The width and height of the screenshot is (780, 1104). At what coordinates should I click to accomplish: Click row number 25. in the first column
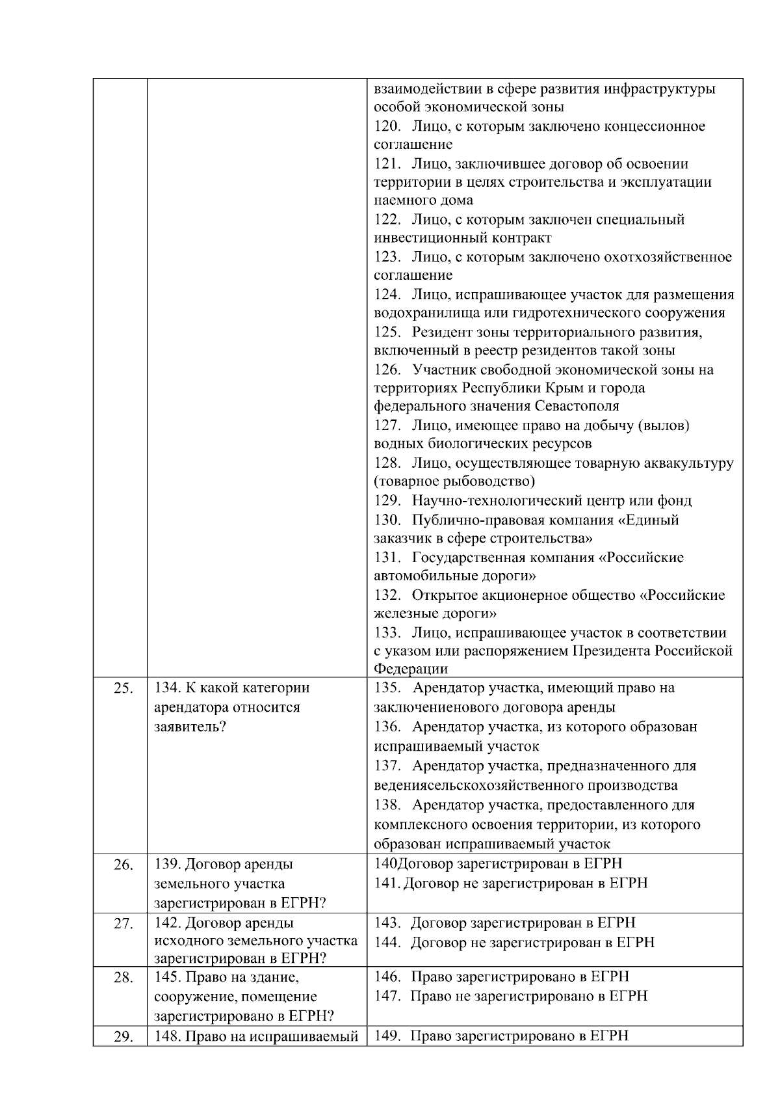point(123,689)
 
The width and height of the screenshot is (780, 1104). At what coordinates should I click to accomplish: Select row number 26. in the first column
point(123,866)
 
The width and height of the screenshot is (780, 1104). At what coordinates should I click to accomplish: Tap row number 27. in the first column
point(123,924)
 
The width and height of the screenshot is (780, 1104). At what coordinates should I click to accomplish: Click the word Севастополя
point(577,407)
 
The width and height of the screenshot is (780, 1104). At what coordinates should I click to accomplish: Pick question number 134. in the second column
point(168,688)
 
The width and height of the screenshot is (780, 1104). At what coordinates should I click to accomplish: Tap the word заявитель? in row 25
point(190,727)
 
